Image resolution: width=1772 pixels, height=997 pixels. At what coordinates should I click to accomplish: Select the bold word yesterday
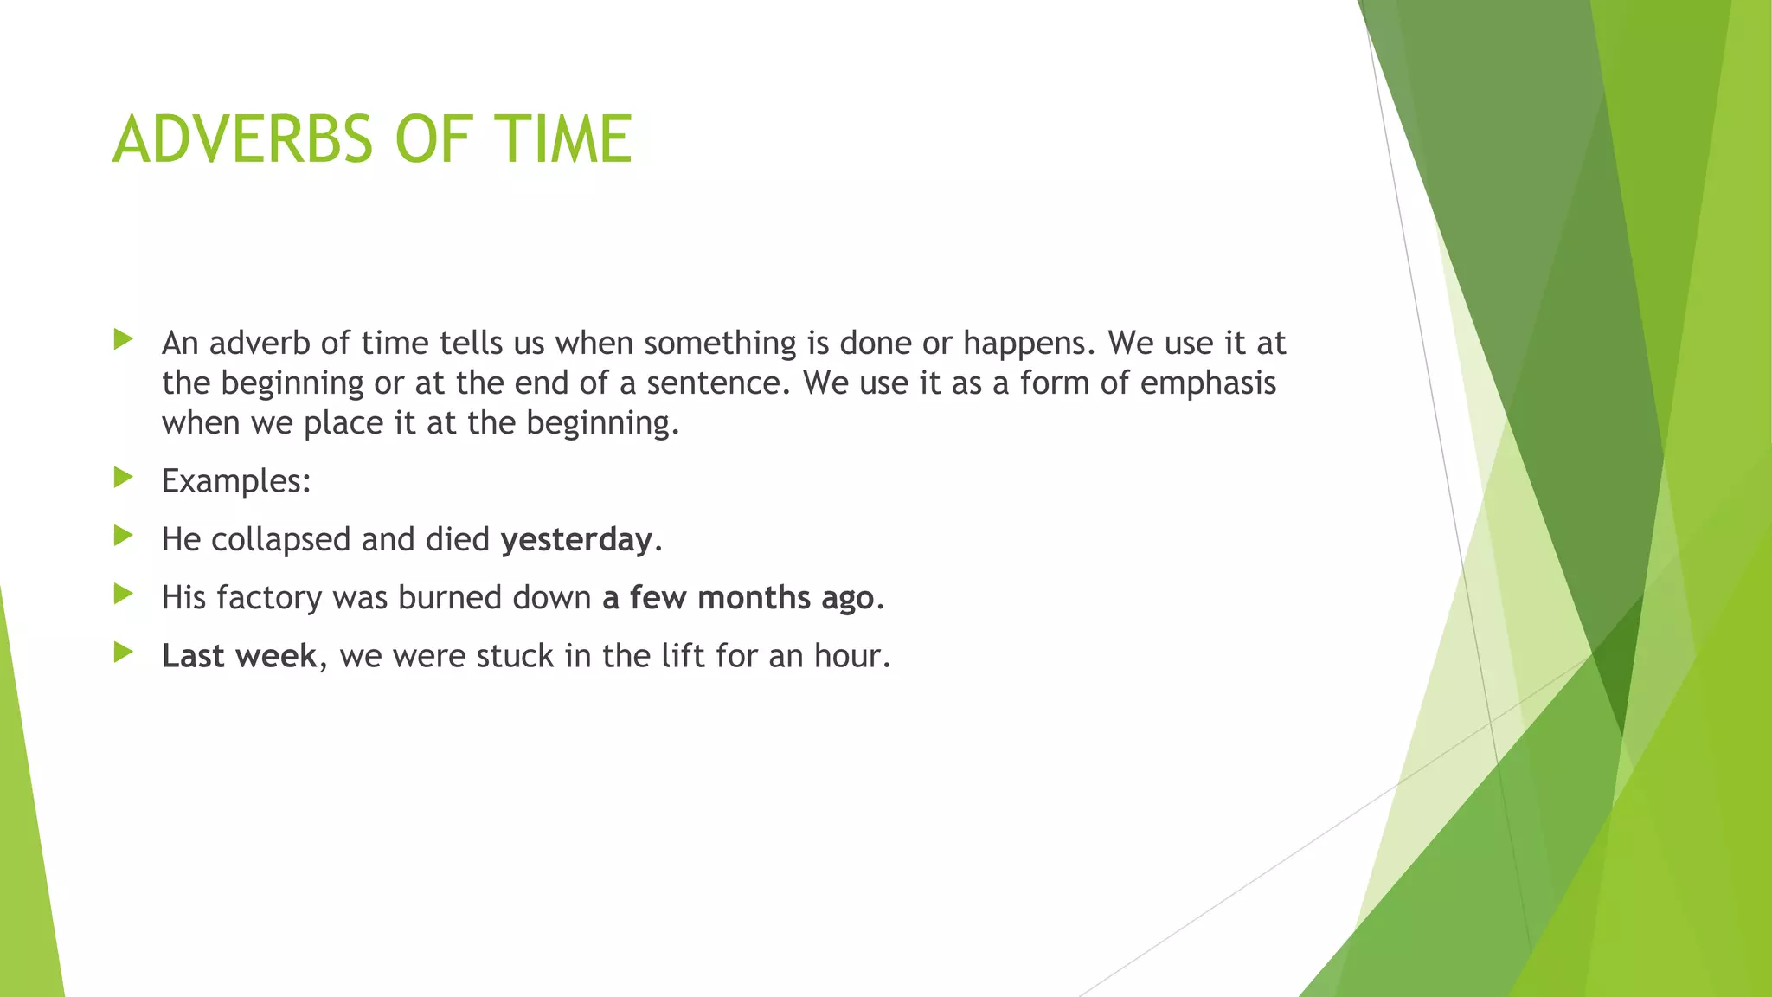[576, 540]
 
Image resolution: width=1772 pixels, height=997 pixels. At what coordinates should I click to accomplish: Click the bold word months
[754, 598]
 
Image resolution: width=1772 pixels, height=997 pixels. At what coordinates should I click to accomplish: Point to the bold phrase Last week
[240, 656]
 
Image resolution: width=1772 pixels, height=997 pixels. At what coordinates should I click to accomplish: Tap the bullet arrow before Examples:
[123, 477]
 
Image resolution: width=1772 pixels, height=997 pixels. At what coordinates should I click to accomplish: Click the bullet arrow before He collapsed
[123, 536]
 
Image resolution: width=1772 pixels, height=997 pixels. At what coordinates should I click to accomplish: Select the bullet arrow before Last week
[123, 652]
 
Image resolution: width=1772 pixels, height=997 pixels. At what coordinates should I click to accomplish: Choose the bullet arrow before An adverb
[123, 339]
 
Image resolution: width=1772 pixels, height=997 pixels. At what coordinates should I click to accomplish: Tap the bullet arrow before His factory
[123, 594]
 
